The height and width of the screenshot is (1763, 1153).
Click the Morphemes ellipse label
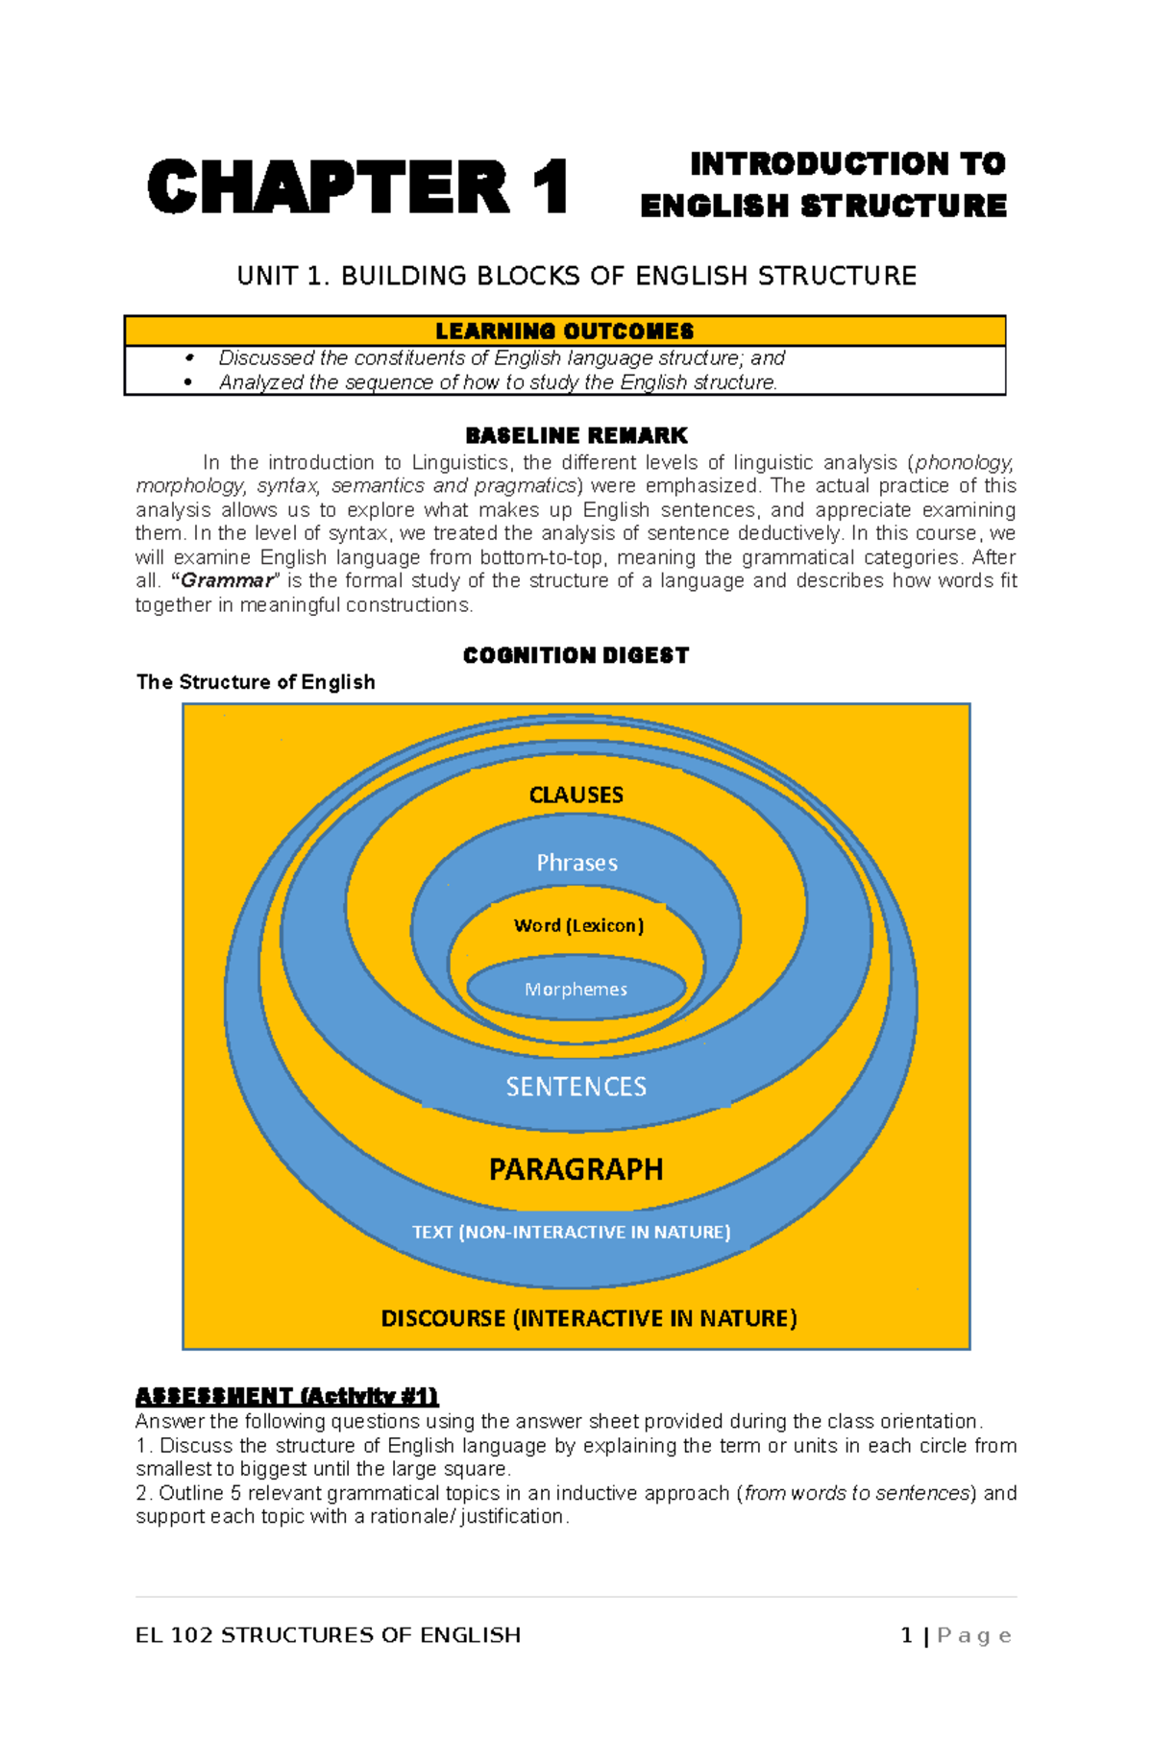coord(576,990)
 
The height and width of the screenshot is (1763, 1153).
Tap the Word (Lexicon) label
coord(578,925)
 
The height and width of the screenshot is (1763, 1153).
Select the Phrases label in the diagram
coord(576,863)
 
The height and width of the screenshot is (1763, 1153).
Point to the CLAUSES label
coord(576,795)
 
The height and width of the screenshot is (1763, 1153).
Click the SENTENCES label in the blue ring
coord(576,1087)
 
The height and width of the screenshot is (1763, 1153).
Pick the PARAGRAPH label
coord(576,1169)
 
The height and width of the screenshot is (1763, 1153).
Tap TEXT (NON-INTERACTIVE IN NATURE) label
coord(571,1232)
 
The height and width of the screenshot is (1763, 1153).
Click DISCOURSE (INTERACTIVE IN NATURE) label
coord(588,1318)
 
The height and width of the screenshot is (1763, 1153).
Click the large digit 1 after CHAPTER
coord(551,187)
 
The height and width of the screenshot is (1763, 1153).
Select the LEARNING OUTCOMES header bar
coord(564,331)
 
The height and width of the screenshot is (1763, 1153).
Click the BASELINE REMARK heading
coord(576,435)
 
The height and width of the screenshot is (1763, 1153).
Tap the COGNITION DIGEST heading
coord(576,655)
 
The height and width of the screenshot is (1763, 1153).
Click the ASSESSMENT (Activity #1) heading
coord(286,1396)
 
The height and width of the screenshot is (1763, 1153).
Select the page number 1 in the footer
coord(906,1635)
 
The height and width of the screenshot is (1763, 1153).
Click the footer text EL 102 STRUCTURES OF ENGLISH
coord(328,1635)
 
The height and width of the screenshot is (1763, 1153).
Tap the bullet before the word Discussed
coord(189,358)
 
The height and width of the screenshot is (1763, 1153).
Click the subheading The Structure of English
coord(256,682)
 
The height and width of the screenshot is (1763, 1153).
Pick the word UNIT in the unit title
coord(267,277)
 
